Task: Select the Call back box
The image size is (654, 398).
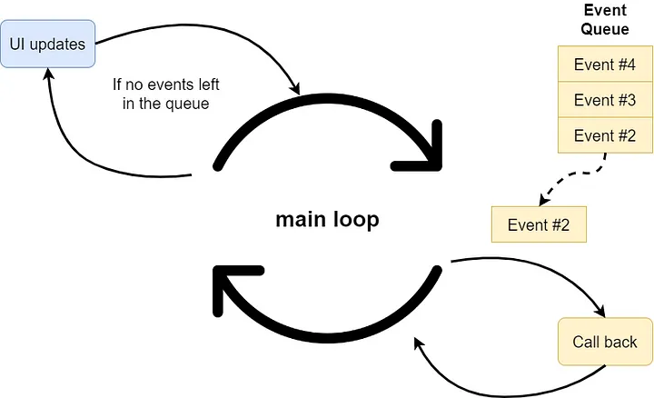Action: coord(605,342)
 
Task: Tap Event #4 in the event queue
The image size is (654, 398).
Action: coord(605,65)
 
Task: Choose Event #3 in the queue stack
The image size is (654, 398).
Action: coord(605,99)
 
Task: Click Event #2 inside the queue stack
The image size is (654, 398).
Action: coord(605,134)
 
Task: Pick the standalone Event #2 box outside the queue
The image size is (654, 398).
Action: coord(539,224)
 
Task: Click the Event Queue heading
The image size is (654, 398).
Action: coord(605,19)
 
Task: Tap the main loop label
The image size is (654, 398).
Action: coord(327,221)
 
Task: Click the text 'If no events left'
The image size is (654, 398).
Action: coord(166,85)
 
